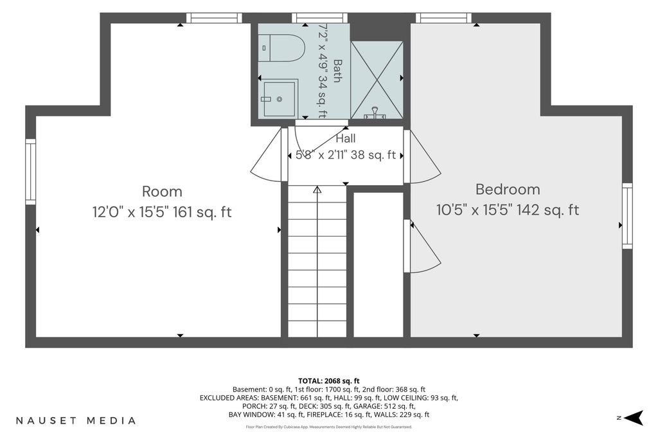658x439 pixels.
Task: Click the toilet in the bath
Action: click(281, 48)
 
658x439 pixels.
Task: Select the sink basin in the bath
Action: click(279, 99)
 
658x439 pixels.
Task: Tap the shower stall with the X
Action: click(377, 80)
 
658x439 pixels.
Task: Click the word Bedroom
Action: click(508, 189)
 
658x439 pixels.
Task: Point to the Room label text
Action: click(162, 192)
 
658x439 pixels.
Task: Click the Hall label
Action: click(346, 138)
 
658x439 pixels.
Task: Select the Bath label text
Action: click(337, 71)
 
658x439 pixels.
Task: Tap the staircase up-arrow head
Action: click(317, 190)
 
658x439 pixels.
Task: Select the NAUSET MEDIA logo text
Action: click(76, 420)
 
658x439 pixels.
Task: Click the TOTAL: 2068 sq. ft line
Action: click(329, 381)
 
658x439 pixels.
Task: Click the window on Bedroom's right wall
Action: click(627, 216)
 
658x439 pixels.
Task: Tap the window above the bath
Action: click(320, 17)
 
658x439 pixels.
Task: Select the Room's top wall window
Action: click(214, 17)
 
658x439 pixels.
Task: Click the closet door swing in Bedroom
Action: click(423, 246)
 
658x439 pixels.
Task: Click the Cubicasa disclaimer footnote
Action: click(329, 427)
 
